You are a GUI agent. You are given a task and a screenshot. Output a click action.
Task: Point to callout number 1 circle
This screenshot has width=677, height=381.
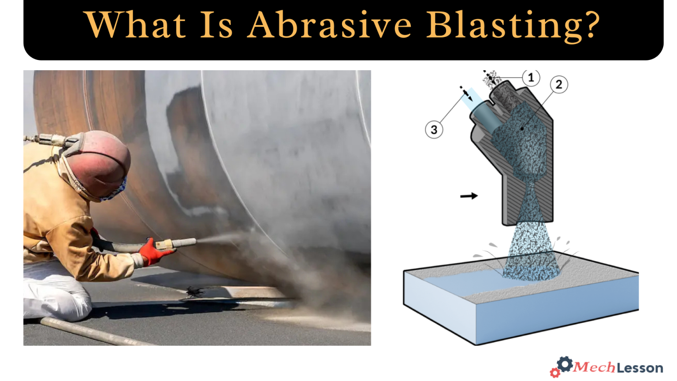(x=531, y=78)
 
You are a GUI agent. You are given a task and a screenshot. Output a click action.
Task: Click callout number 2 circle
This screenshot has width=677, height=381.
(x=559, y=84)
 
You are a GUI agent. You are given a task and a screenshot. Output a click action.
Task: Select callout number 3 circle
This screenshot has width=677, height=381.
(x=434, y=130)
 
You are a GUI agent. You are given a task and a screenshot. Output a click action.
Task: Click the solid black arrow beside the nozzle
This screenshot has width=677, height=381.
(x=469, y=195)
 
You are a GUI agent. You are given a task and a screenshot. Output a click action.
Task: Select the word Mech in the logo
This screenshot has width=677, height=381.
(x=595, y=367)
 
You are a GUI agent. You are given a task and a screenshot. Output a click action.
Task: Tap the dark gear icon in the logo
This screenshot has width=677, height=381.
(x=565, y=364)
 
